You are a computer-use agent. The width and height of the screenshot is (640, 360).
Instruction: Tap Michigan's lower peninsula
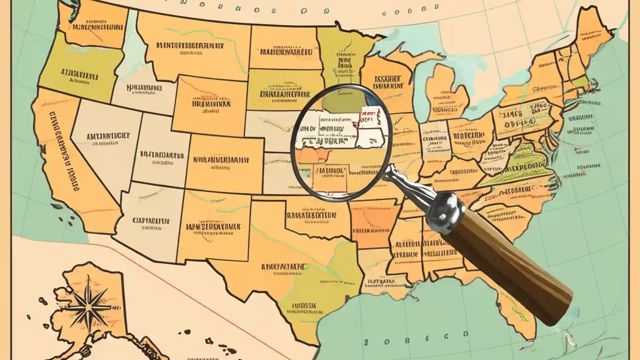pos(445,92)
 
